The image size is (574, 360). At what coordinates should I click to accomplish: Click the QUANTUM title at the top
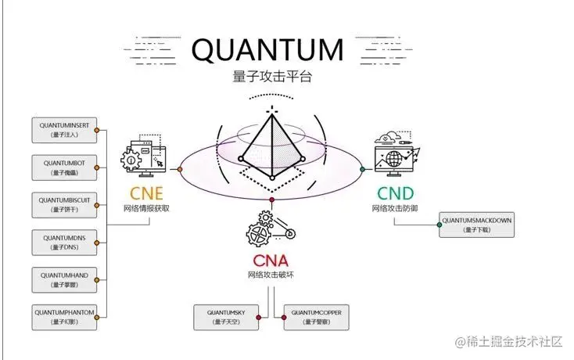coord(267,49)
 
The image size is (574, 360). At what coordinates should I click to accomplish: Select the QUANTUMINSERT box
coord(65,130)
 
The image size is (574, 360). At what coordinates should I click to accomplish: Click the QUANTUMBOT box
coord(65,167)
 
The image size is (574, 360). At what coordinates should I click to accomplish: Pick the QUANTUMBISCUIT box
coord(65,205)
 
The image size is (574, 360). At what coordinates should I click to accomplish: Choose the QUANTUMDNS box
coord(65,243)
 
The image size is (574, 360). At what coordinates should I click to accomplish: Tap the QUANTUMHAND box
coord(65,279)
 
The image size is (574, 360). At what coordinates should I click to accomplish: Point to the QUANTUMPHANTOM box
coord(65,316)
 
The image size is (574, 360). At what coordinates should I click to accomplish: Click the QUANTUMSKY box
coord(228,317)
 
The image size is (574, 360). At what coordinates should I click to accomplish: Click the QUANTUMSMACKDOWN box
coord(476,225)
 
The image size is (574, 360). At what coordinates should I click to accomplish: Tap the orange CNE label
coord(146,193)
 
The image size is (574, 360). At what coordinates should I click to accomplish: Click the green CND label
coord(396,193)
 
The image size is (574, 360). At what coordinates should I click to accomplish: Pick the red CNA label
coord(271,261)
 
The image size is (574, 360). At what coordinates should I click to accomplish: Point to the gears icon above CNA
coord(271,229)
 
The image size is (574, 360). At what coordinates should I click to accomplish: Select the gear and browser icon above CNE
coord(145,157)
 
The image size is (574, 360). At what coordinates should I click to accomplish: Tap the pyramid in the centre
coord(271,141)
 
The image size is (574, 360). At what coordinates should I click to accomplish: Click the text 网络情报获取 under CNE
coord(146,209)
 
